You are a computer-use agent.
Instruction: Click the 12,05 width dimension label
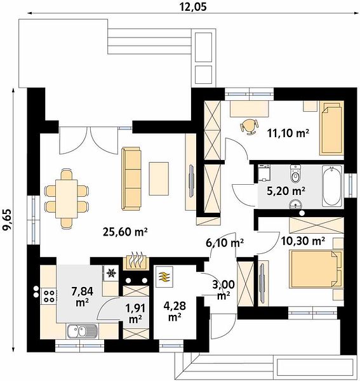tap(194, 6)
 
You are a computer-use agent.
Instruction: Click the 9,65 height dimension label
tap(6, 219)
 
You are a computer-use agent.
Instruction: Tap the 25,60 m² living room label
tap(125, 232)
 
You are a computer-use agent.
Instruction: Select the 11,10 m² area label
tap(288, 133)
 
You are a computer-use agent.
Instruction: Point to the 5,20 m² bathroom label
tap(286, 191)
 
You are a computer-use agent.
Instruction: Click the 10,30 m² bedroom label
tap(303, 241)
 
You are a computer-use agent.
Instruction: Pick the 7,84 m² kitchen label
tap(82, 296)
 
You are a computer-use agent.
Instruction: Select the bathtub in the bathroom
tap(332, 185)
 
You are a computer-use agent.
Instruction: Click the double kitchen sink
tap(82, 331)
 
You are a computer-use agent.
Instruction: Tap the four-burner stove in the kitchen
tap(49, 296)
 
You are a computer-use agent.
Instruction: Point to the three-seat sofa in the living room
tap(131, 178)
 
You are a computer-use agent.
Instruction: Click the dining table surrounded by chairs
tap(66, 199)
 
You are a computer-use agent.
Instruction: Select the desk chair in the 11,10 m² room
tap(249, 126)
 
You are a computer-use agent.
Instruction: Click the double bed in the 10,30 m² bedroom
tap(316, 269)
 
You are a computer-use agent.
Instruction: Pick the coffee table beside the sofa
tap(159, 178)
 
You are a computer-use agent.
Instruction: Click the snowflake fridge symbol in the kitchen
tap(112, 273)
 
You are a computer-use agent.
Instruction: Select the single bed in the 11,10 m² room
tap(331, 128)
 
